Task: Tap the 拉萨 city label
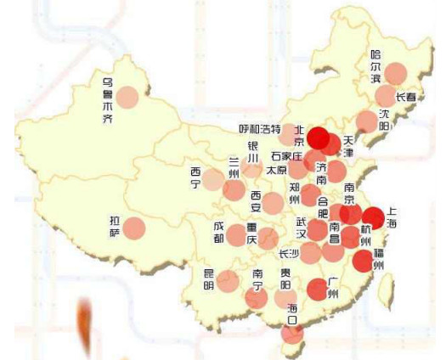point(115,227)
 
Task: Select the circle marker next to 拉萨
point(135,228)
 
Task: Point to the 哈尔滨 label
point(375,66)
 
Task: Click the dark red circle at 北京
point(319,137)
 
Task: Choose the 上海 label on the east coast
point(392,219)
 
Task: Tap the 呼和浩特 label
point(259,129)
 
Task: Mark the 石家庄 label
point(286,156)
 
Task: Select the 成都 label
point(219,233)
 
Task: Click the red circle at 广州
point(317,290)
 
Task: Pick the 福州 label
point(379,259)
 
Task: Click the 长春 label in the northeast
point(406,98)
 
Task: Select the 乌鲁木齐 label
point(108,101)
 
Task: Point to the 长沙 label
point(289,253)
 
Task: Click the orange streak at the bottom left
point(84,326)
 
